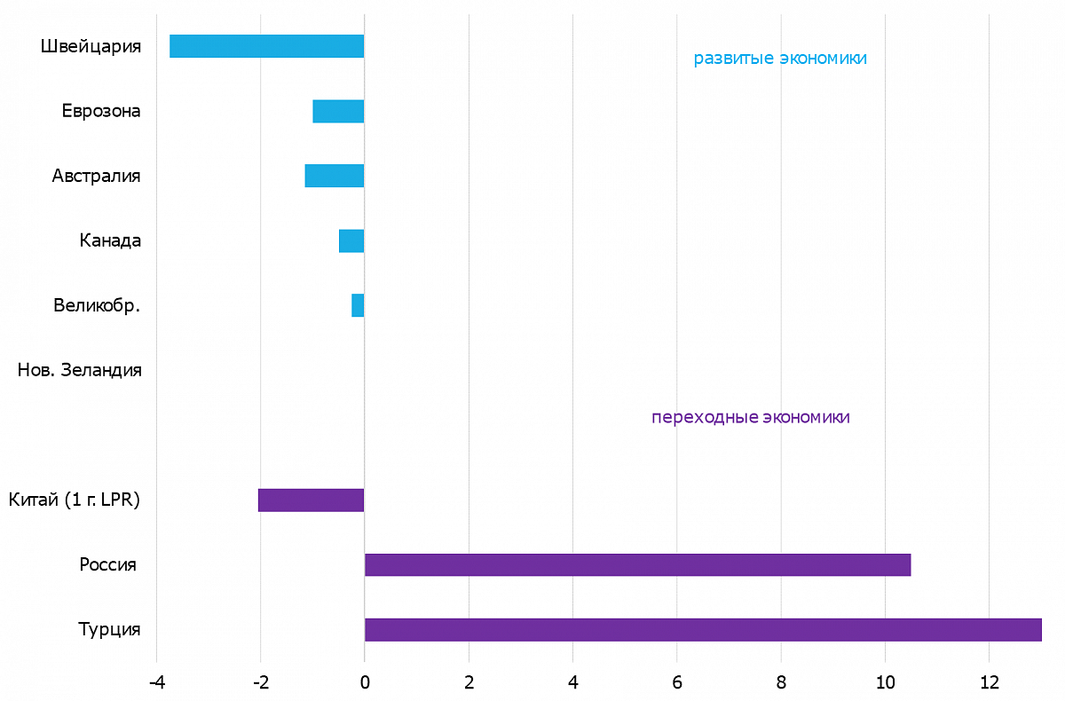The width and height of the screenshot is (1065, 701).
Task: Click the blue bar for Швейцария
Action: (x=266, y=46)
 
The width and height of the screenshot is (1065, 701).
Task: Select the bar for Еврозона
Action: (x=338, y=111)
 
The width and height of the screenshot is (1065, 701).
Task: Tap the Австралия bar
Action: (x=334, y=176)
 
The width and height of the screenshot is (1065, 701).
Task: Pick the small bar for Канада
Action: (x=351, y=240)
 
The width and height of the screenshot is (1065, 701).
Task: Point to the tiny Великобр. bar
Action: (x=358, y=305)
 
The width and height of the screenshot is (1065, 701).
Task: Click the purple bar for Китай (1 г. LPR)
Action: (x=311, y=500)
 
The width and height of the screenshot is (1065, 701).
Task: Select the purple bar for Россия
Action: (x=637, y=564)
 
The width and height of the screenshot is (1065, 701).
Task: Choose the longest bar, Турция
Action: (x=702, y=629)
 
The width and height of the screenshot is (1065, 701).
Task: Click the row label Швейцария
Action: (x=91, y=46)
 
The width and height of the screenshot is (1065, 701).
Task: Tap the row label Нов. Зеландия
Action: (x=79, y=370)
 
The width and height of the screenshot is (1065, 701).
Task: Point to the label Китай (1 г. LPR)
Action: (x=75, y=500)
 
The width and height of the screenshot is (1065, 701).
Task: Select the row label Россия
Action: (x=107, y=564)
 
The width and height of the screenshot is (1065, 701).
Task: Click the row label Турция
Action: (x=109, y=629)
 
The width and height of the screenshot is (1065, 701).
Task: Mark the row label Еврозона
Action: (x=101, y=111)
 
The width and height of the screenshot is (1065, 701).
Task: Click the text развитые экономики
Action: (x=779, y=59)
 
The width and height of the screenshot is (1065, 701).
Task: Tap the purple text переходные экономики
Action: (x=750, y=417)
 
